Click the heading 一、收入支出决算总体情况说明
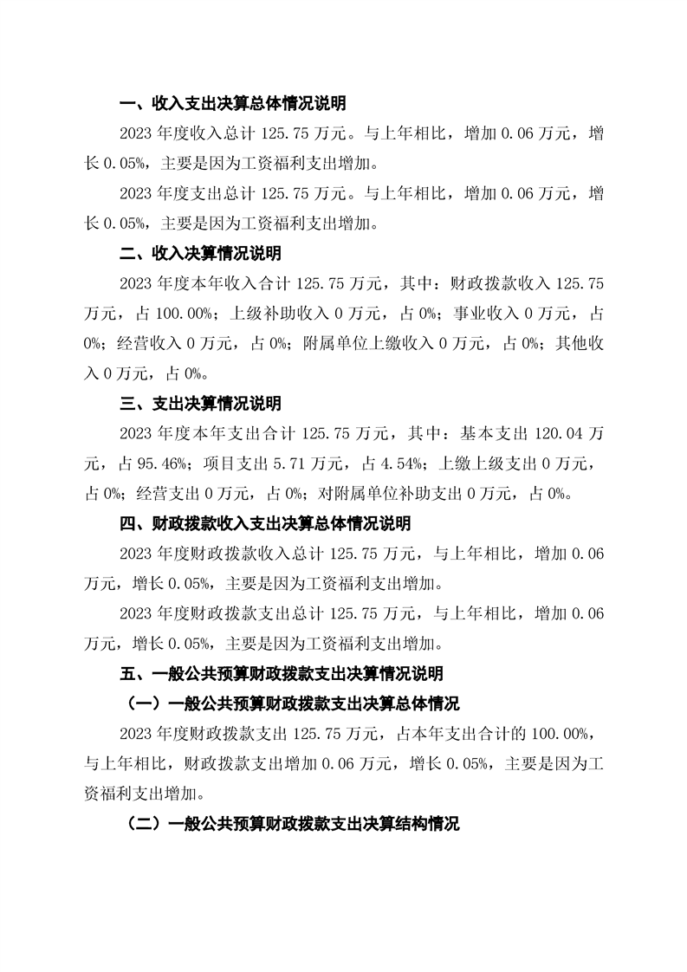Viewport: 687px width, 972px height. click(232, 104)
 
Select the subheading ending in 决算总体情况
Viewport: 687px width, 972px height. click(293, 703)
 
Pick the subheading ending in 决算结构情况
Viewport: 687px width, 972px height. click(293, 823)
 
